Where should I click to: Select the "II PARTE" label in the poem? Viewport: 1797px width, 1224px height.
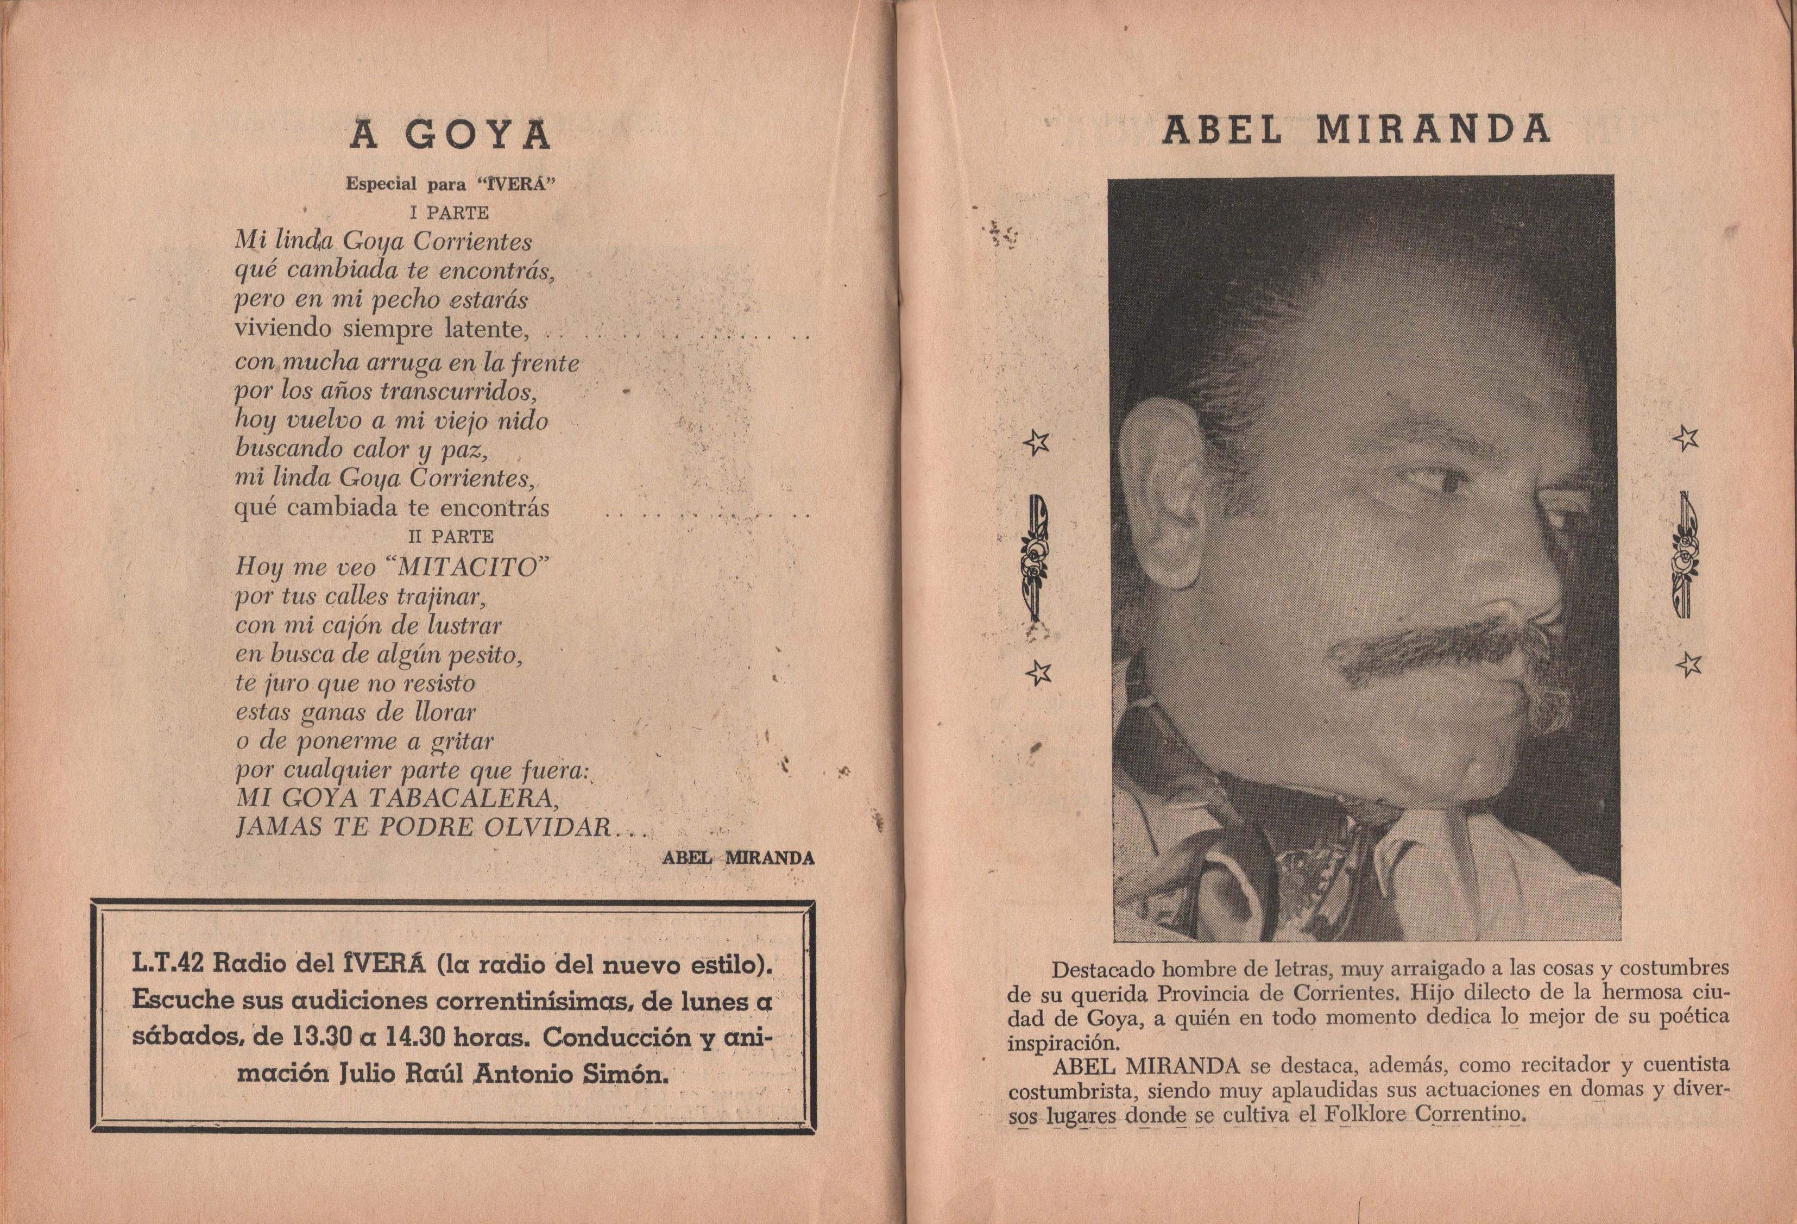click(x=451, y=536)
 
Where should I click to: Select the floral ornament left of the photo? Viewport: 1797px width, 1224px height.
click(x=1036, y=557)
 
